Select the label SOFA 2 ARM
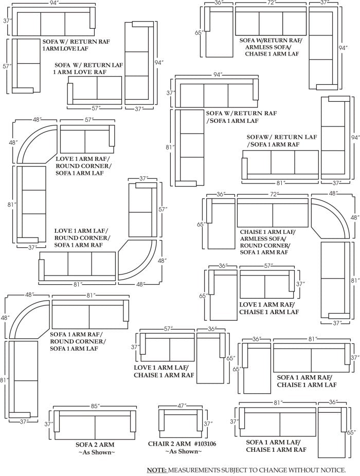[95, 444]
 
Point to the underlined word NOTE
[156, 470]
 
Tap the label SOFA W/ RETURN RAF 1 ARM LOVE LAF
[76, 45]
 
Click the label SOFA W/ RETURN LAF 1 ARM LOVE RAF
[88, 69]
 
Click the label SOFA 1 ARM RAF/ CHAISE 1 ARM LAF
[307, 381]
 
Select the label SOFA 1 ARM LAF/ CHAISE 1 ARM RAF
[276, 445]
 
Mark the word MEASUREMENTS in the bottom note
[199, 470]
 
